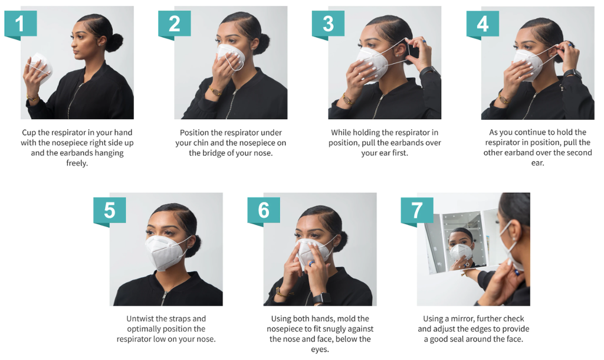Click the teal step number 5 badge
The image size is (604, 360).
109,211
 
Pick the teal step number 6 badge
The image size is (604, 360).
264,211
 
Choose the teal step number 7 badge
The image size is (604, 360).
417,211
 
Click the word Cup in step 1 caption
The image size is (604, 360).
29,133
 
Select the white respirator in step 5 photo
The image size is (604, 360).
165,252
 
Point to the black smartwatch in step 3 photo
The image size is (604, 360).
428,71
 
